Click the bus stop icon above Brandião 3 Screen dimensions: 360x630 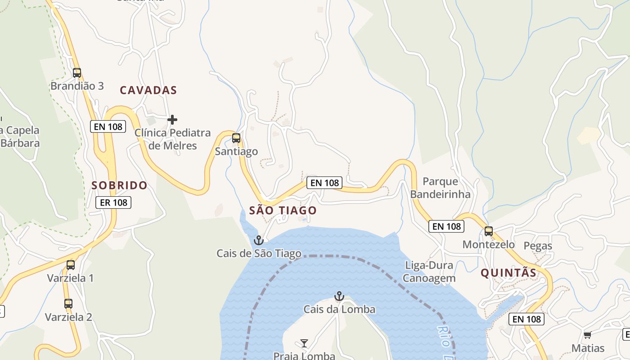[77, 72]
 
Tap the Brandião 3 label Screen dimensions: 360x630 [77, 86]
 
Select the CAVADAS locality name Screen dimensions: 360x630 [148, 90]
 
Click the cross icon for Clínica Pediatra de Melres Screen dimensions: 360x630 [172, 120]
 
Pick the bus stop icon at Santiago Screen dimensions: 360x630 [236, 138]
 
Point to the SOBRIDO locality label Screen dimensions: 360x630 [119, 185]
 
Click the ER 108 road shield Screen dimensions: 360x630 [113, 202]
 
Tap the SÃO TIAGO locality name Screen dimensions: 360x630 [283, 211]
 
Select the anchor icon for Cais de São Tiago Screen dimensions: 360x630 [258, 240]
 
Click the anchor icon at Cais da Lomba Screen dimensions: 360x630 [339, 296]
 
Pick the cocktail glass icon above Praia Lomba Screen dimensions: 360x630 [304, 344]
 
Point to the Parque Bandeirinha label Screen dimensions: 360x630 [441, 188]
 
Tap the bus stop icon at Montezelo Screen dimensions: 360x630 [489, 231]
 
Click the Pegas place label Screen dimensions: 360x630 [538, 246]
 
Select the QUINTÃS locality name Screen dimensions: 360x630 [508, 273]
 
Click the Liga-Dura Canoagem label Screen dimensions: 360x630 [429, 272]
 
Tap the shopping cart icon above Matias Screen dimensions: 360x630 [587, 335]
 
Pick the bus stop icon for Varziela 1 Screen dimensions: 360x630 [71, 265]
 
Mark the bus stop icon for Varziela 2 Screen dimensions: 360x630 [68, 304]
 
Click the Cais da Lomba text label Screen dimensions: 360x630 [339, 310]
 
